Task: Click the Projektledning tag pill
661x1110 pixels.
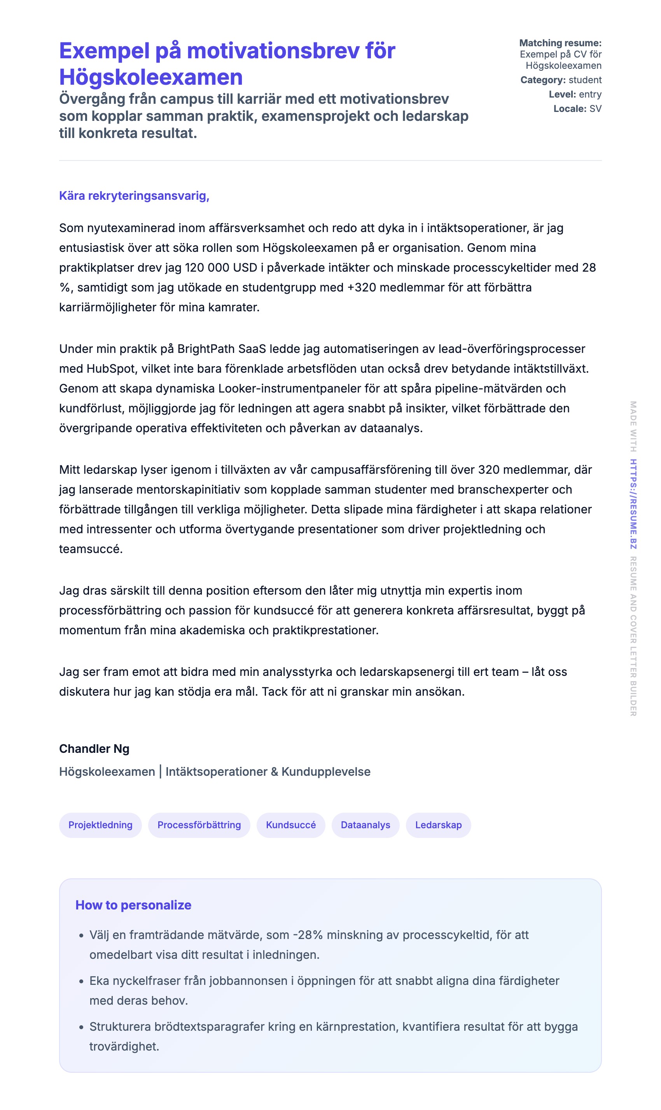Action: point(100,825)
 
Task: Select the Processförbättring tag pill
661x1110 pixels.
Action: point(199,825)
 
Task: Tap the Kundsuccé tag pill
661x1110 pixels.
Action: point(291,825)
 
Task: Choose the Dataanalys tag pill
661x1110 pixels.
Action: point(365,825)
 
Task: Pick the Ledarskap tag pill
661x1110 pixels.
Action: point(438,825)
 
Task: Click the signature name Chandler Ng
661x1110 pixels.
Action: point(94,749)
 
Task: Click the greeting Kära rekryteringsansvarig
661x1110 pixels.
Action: point(134,196)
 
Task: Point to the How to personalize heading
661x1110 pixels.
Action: point(133,905)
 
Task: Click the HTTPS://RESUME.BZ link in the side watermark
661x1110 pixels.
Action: point(633,504)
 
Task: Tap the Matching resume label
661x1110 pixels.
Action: point(560,43)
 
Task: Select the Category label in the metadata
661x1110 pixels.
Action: point(542,80)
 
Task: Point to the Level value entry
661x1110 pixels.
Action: point(590,94)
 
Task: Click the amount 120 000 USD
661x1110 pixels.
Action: point(221,268)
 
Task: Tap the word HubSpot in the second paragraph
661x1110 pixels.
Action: point(110,369)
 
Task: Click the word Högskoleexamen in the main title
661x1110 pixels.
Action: point(151,77)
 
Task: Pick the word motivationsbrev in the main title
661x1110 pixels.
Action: point(273,51)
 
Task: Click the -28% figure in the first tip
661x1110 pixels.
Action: point(308,935)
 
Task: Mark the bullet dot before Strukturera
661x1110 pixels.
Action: point(81,1027)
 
